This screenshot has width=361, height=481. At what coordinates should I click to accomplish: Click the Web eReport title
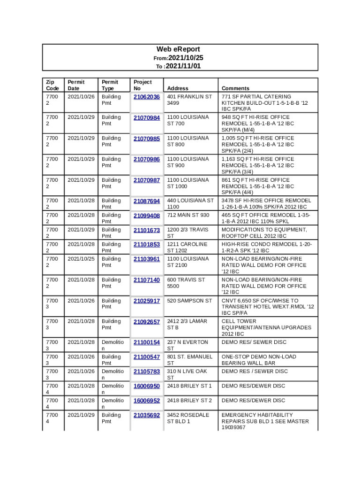click(178, 49)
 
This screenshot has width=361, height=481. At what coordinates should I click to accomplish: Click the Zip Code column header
click(52, 85)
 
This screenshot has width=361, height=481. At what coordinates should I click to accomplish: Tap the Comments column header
click(235, 88)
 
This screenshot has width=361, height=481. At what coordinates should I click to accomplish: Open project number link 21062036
click(147, 97)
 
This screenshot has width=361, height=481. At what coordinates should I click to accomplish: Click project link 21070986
click(147, 160)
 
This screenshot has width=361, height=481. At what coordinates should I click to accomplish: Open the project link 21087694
click(147, 201)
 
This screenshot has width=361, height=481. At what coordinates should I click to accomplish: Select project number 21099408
click(147, 216)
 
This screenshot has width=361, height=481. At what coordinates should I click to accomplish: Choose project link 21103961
click(147, 259)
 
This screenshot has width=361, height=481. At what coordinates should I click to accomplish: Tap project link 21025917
click(147, 301)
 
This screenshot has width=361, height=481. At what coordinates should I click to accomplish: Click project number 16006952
click(147, 401)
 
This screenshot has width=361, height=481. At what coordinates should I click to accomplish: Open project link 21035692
click(147, 416)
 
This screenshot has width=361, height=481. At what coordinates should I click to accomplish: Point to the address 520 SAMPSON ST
click(189, 301)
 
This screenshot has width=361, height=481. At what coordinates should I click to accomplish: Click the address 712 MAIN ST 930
click(188, 215)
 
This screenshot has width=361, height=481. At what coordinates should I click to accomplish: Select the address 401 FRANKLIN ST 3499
click(189, 100)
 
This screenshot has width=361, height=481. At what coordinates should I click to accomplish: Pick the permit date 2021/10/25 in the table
click(81, 259)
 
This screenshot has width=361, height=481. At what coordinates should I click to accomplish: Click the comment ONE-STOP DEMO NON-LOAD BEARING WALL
click(259, 360)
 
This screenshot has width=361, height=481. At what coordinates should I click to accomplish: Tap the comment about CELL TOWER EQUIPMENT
click(266, 327)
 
